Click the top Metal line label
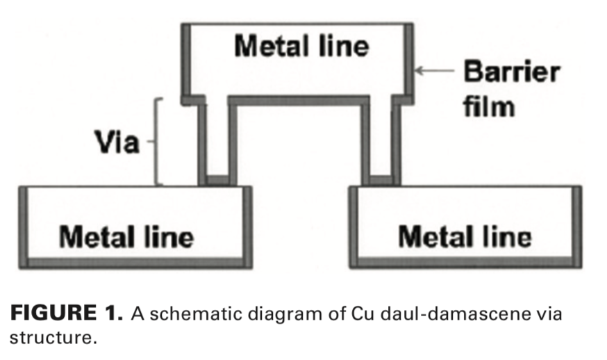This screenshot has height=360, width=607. tap(301, 47)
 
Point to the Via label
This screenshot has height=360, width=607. tap(117, 144)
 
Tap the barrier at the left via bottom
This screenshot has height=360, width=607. tap(217, 181)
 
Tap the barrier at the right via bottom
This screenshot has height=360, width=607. tap(381, 181)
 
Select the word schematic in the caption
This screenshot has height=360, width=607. tap(185, 313)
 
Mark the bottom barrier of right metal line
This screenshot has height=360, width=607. tap(465, 263)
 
